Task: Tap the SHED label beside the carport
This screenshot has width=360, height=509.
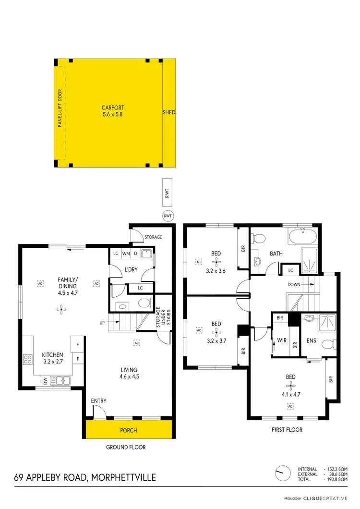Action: (169, 113)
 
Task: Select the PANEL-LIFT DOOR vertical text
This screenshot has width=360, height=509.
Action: (60, 112)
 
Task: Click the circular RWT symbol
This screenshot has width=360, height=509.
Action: (168, 216)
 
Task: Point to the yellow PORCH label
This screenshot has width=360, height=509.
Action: (128, 430)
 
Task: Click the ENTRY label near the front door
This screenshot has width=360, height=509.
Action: (98, 401)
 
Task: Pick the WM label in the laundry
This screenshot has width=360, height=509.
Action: (126, 254)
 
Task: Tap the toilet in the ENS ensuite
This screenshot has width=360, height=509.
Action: (328, 344)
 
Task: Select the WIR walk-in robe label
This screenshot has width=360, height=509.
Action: (281, 340)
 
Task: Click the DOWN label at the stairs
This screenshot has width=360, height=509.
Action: (294, 284)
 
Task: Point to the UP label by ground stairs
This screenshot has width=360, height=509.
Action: (102, 323)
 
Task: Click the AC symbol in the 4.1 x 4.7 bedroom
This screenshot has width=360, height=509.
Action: (290, 407)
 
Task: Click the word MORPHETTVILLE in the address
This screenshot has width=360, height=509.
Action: (122, 477)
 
